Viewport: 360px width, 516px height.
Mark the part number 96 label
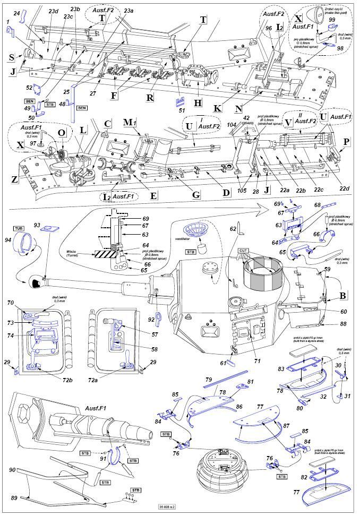tap(269, 28)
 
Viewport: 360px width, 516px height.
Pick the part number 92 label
tap(151, 320)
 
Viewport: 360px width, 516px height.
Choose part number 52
tap(29, 88)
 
